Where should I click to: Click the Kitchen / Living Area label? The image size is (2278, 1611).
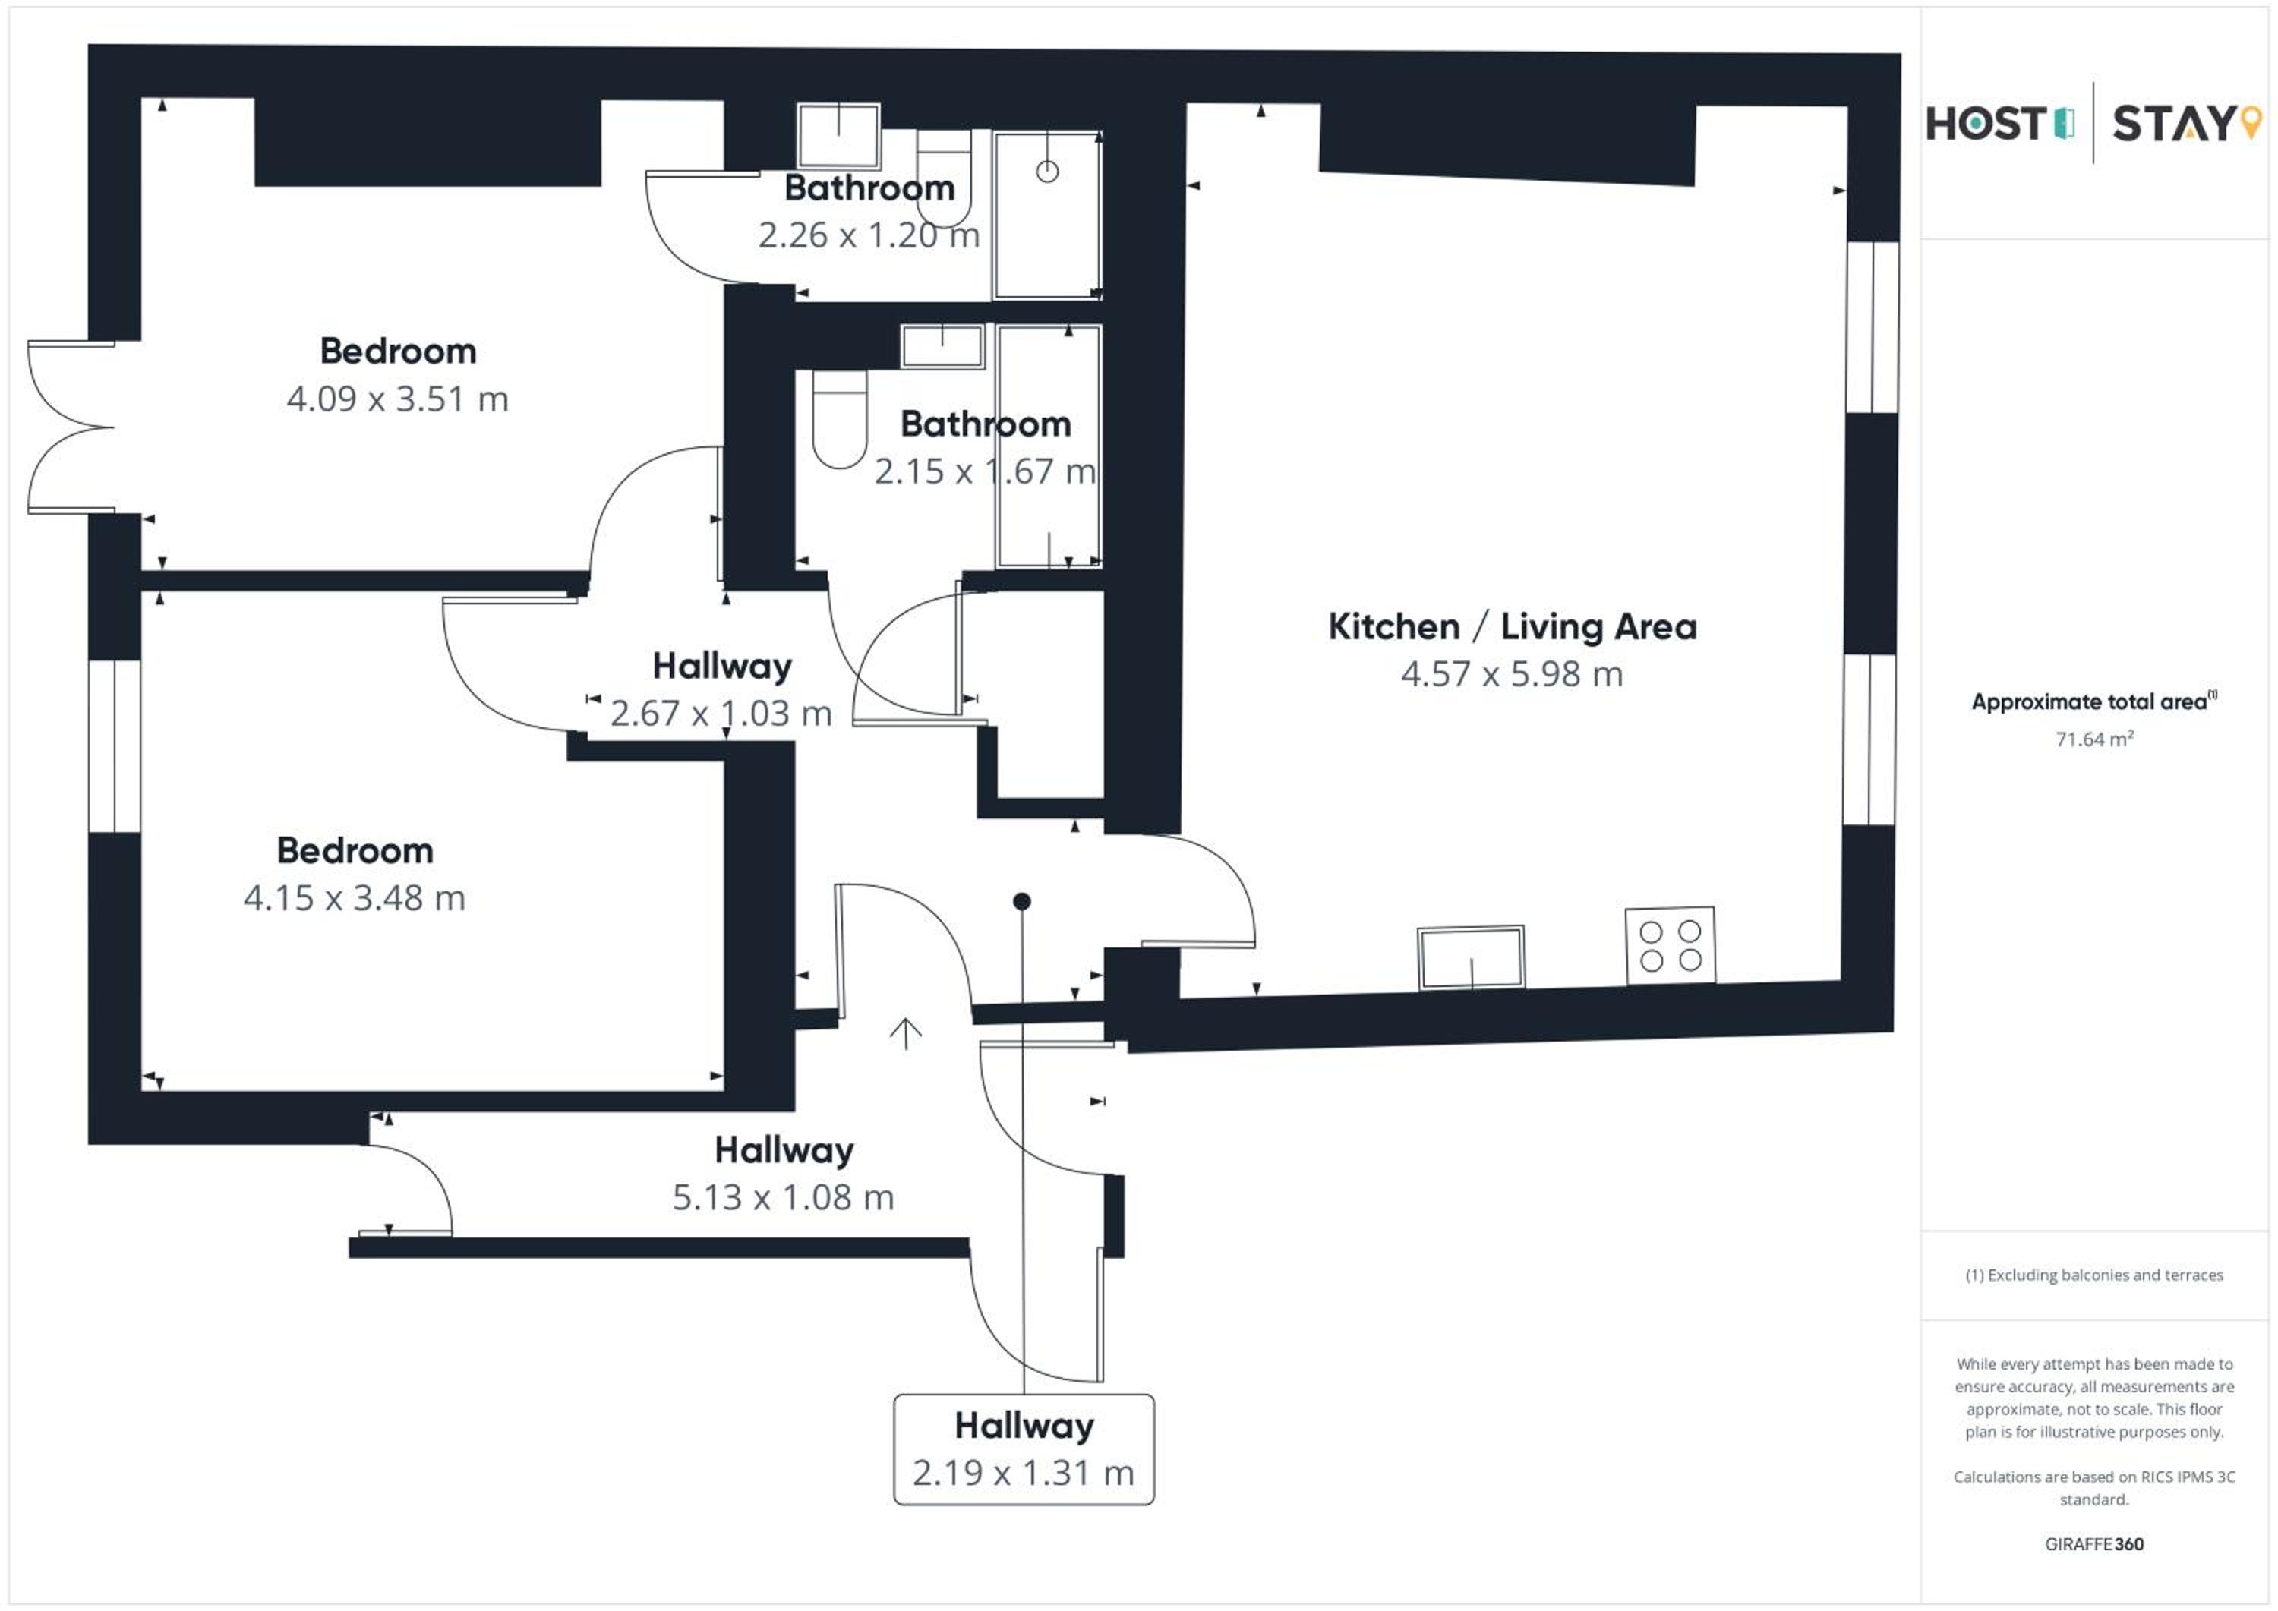click(x=1512, y=627)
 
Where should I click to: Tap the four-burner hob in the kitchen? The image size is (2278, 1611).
click(x=1671, y=945)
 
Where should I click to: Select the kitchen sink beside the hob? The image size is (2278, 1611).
click(x=1470, y=957)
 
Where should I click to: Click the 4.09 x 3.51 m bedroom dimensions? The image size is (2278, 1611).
click(x=397, y=399)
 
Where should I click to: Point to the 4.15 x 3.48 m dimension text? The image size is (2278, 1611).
click(x=354, y=898)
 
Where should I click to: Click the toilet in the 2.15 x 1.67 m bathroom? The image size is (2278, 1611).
click(x=839, y=418)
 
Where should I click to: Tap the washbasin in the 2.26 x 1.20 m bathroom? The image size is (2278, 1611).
click(x=838, y=136)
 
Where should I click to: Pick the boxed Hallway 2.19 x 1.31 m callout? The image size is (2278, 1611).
click(x=1024, y=1449)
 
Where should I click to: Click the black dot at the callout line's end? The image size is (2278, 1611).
click(x=1022, y=900)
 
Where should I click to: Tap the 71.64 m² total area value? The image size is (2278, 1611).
click(x=2093, y=739)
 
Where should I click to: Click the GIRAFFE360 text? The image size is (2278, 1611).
click(x=2093, y=1544)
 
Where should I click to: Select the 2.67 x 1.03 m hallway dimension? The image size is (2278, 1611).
click(x=721, y=713)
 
